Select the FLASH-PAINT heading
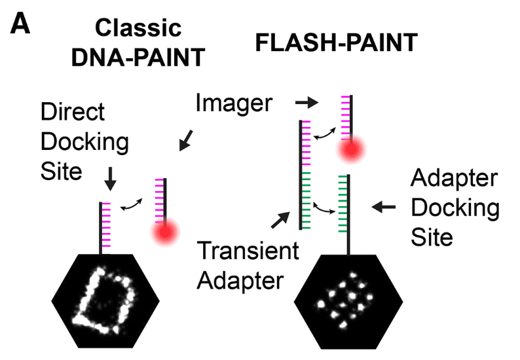coord(335,43)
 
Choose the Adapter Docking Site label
coord(455,208)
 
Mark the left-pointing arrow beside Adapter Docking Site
coord(384,207)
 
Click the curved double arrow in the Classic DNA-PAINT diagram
coord(133,205)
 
